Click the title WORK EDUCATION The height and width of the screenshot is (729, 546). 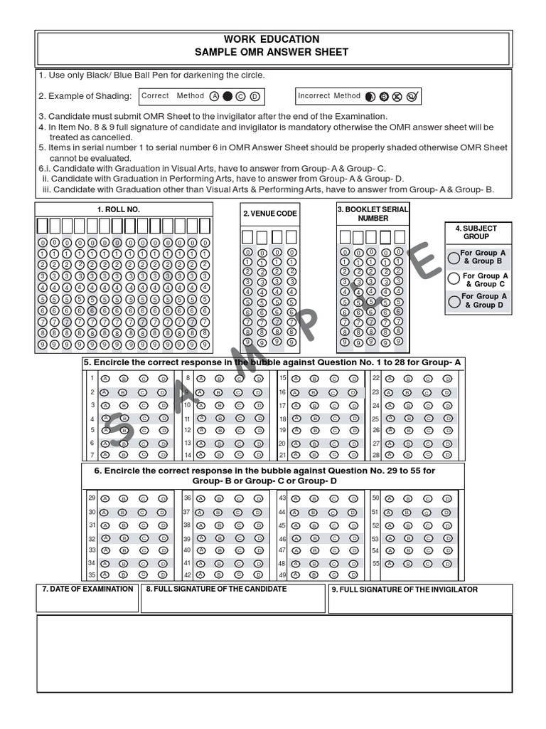click(x=273, y=39)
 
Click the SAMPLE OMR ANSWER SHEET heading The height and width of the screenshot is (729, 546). click(x=273, y=52)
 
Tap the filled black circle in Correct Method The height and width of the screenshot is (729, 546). click(x=227, y=96)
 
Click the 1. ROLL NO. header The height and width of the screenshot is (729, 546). click(x=118, y=209)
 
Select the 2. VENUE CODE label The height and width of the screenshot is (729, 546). click(x=270, y=214)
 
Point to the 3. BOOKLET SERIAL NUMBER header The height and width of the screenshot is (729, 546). click(x=373, y=214)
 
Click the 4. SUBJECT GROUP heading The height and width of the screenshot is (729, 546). click(x=476, y=232)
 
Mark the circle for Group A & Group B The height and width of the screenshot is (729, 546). click(x=454, y=257)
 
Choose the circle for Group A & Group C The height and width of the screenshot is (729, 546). click(x=454, y=279)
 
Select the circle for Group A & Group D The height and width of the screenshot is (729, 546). click(x=454, y=301)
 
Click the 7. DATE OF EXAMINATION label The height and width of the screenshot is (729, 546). click(x=87, y=589)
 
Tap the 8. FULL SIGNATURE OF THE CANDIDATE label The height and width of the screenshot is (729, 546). click(x=216, y=589)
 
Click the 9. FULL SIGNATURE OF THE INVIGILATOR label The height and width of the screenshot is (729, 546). click(x=405, y=589)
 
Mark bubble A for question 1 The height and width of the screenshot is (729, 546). click(x=105, y=379)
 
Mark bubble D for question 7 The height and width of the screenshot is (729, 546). click(x=163, y=454)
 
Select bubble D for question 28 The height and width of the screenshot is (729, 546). click(x=446, y=454)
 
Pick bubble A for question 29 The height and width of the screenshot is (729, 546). click(x=105, y=498)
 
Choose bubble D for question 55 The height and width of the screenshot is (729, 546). click(x=446, y=562)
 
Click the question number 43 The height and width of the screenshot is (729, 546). click(x=282, y=498)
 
